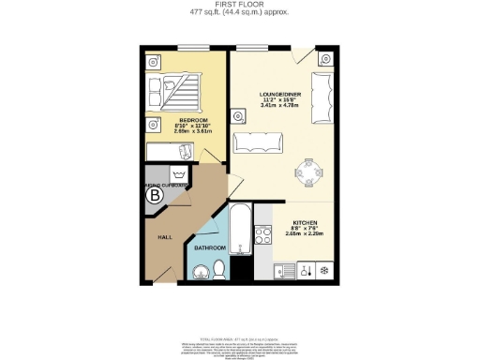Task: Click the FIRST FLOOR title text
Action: [x=239, y=5]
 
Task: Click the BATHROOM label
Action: [x=211, y=247]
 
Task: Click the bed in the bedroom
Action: [x=177, y=91]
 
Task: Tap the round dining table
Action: [x=308, y=172]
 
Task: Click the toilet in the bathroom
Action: [x=219, y=270]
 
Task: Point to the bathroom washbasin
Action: [x=200, y=272]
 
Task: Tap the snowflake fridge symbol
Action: [x=323, y=270]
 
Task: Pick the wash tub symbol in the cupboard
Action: [x=177, y=174]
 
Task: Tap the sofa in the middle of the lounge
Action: [x=259, y=142]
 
